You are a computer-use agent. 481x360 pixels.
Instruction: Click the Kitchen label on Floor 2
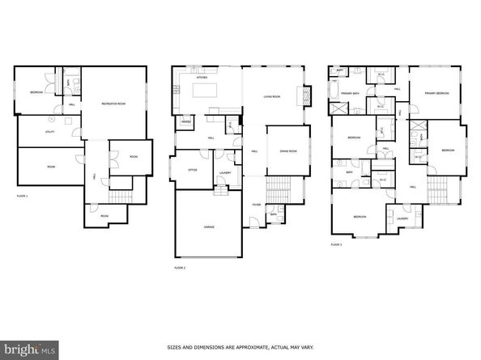point(202,78)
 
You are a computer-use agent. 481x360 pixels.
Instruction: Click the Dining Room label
point(288,151)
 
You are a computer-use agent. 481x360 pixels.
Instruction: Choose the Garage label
point(209,227)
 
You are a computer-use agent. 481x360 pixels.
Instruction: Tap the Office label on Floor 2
point(193,170)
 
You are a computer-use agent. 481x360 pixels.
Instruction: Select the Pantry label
point(185,122)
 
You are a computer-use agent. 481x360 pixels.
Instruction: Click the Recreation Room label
point(113,104)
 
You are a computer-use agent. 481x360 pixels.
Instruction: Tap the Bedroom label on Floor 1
point(37,92)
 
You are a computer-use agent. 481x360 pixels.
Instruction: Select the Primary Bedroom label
point(436,93)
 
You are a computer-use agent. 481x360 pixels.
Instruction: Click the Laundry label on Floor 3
point(402,217)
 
